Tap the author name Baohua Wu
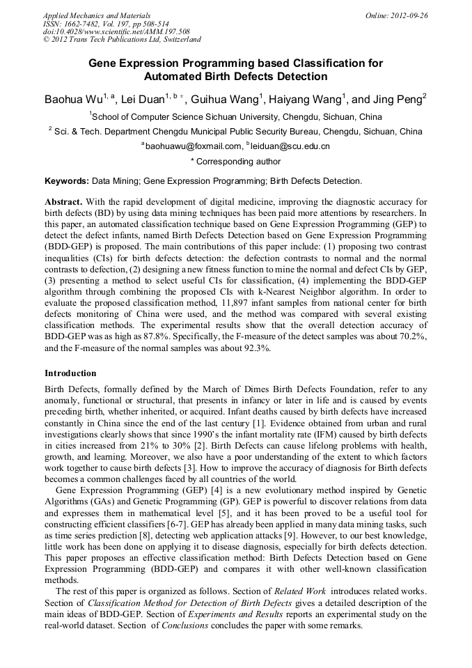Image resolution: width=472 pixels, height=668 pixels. pos(72,100)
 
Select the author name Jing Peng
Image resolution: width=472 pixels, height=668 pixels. pos(395,100)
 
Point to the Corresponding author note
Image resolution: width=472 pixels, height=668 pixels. pos(235,162)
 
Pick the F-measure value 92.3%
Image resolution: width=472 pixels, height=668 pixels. pos(253,348)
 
